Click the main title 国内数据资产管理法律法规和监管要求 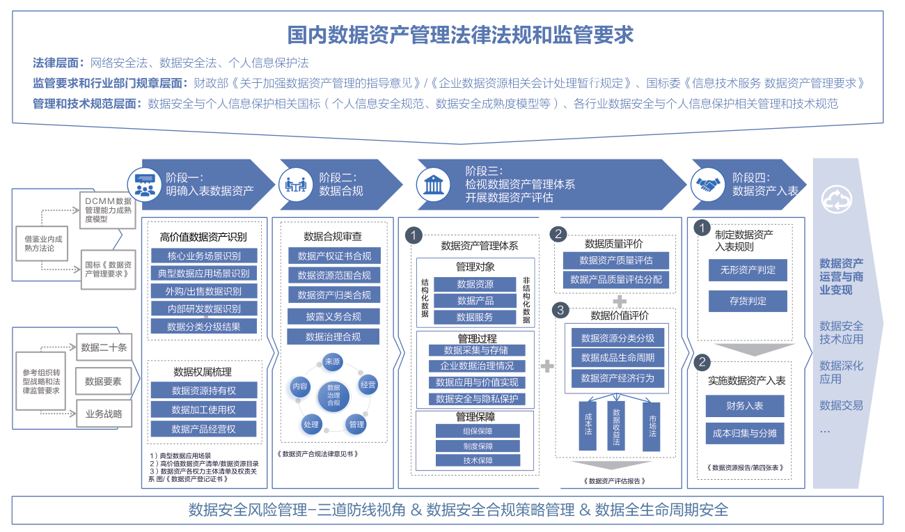(460, 35)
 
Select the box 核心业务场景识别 (204, 256)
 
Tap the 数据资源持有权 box (204, 391)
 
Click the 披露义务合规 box (333, 317)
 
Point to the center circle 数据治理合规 (333, 395)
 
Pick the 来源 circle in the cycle (332, 361)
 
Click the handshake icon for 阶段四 (709, 184)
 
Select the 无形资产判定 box (748, 270)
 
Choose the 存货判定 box (748, 302)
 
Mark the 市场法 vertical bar (652, 425)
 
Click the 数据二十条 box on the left (104, 347)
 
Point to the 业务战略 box (104, 414)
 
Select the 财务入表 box (744, 405)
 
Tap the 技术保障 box (478, 460)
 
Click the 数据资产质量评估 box (615, 261)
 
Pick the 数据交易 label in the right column (841, 405)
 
